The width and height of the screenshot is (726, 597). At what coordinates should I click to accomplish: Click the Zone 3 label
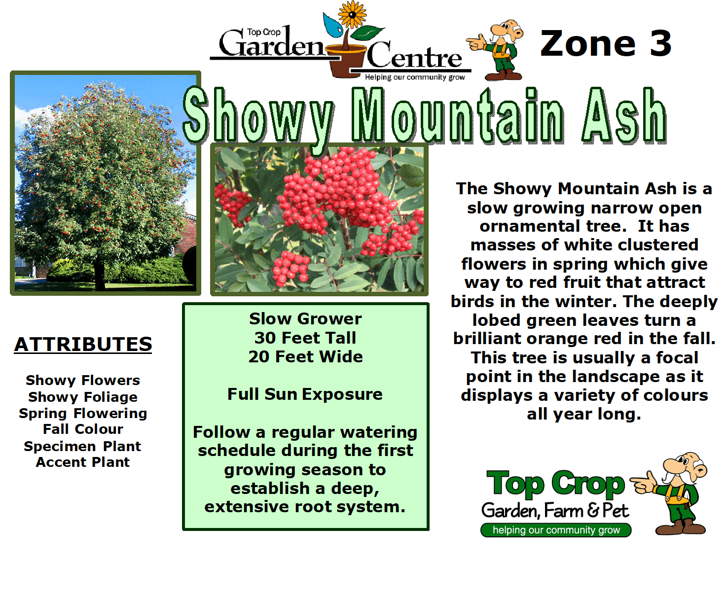click(x=606, y=43)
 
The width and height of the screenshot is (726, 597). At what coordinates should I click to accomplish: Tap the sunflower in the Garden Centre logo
click(x=352, y=14)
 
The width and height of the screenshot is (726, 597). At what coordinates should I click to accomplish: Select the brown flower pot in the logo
click(x=348, y=61)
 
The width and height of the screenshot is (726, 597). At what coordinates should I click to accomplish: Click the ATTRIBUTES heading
click(x=83, y=344)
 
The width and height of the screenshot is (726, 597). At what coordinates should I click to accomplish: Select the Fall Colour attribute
click(x=83, y=429)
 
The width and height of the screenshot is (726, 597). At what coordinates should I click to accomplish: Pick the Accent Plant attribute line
click(x=83, y=462)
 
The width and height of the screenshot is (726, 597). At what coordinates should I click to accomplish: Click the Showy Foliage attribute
click(x=83, y=397)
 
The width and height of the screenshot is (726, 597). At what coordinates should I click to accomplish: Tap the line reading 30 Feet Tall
click(x=305, y=338)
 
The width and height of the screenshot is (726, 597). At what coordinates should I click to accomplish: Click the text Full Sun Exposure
click(x=305, y=394)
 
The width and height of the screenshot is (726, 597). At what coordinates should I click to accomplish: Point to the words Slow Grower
click(x=305, y=319)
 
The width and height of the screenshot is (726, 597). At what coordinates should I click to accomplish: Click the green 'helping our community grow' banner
click(x=556, y=530)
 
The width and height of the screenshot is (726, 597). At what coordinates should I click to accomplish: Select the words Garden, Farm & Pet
click(x=555, y=511)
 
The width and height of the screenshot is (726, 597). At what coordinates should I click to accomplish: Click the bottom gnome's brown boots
click(x=681, y=528)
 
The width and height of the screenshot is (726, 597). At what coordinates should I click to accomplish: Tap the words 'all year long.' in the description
click(x=584, y=414)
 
